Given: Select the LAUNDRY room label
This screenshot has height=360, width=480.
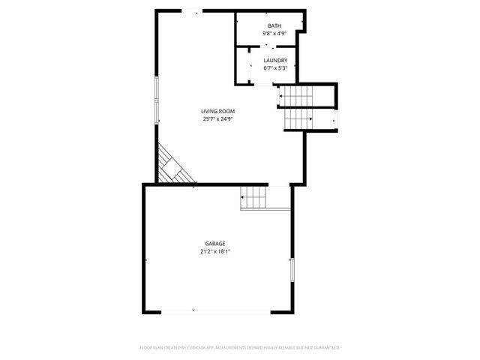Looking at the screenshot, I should point(275,61).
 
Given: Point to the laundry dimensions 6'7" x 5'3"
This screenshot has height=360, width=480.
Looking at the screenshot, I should point(275,68).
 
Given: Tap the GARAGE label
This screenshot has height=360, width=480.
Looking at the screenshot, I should point(215,244).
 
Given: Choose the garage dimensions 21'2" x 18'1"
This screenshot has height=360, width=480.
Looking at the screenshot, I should point(215,251).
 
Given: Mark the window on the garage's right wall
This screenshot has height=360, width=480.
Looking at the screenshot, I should point(292,270).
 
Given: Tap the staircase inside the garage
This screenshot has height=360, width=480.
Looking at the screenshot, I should point(254,198).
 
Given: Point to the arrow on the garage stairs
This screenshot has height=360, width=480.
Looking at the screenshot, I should point(243,197).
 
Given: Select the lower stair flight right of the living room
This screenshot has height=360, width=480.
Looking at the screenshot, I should point(298,119).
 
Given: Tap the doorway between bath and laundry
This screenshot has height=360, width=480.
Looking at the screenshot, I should point(267,46).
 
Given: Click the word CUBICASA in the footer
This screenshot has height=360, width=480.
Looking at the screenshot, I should point(196,348).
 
